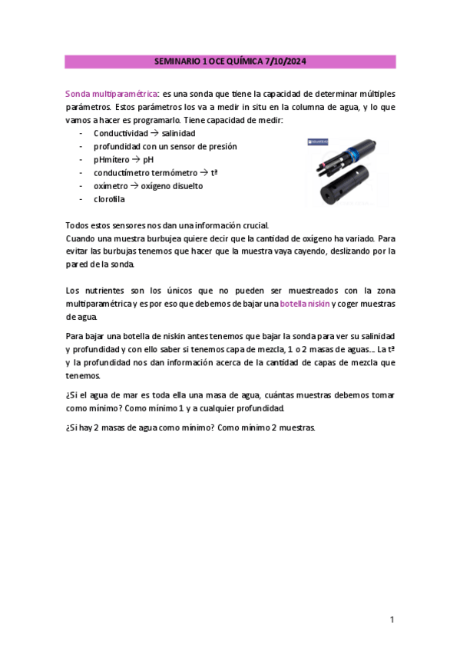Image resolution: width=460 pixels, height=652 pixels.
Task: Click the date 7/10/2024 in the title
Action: [290, 61]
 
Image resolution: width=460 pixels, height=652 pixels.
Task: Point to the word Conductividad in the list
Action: [121, 133]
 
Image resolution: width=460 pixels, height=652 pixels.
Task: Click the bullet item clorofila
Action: [109, 199]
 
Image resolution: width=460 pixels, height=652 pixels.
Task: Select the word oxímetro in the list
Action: [112, 186]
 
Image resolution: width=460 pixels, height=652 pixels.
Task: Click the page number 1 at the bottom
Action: [391, 620]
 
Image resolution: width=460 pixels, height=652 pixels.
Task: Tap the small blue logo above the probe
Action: [316, 141]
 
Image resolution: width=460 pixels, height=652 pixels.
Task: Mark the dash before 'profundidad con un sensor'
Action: [81, 146]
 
